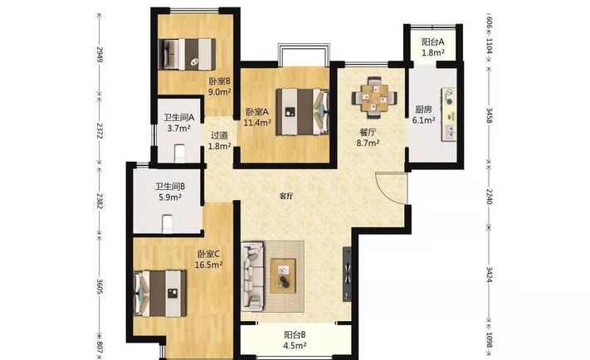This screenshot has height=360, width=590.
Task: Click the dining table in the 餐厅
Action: click(x=374, y=98)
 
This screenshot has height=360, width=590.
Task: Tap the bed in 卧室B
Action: click(x=187, y=54)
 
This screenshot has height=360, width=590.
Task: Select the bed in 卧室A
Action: click(x=303, y=111)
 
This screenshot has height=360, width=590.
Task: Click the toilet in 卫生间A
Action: click(x=180, y=153)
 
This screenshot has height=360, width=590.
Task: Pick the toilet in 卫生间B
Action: click(x=167, y=224)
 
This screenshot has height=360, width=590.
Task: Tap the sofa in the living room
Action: click(x=252, y=276)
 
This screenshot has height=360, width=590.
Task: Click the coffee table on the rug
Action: click(x=283, y=275)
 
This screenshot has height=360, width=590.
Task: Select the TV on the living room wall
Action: click(x=347, y=274)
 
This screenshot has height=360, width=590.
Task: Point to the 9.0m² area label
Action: click(x=220, y=92)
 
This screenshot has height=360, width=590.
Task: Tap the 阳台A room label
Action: click(x=432, y=41)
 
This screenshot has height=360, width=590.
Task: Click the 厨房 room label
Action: click(x=423, y=109)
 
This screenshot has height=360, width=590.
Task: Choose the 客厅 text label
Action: click(x=286, y=196)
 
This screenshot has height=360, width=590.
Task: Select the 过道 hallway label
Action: click(x=219, y=135)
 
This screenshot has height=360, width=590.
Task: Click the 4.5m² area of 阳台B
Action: click(x=295, y=345)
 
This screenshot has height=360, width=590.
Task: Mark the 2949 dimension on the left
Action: click(x=100, y=54)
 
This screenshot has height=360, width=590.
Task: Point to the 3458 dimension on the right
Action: click(x=489, y=115)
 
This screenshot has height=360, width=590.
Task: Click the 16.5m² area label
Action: click(x=208, y=265)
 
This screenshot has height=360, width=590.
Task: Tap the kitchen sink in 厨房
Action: click(x=449, y=132)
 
